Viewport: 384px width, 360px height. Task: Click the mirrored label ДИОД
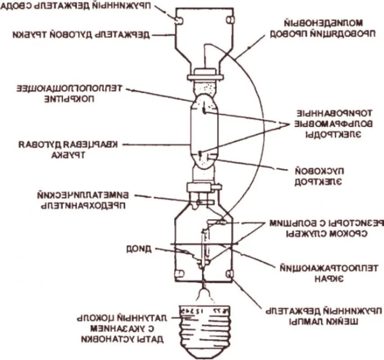point(139,247)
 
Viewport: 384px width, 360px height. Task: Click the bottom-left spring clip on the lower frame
point(179,274)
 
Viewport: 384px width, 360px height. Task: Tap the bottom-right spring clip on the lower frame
point(230,274)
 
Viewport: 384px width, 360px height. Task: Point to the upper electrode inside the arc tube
point(203,109)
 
